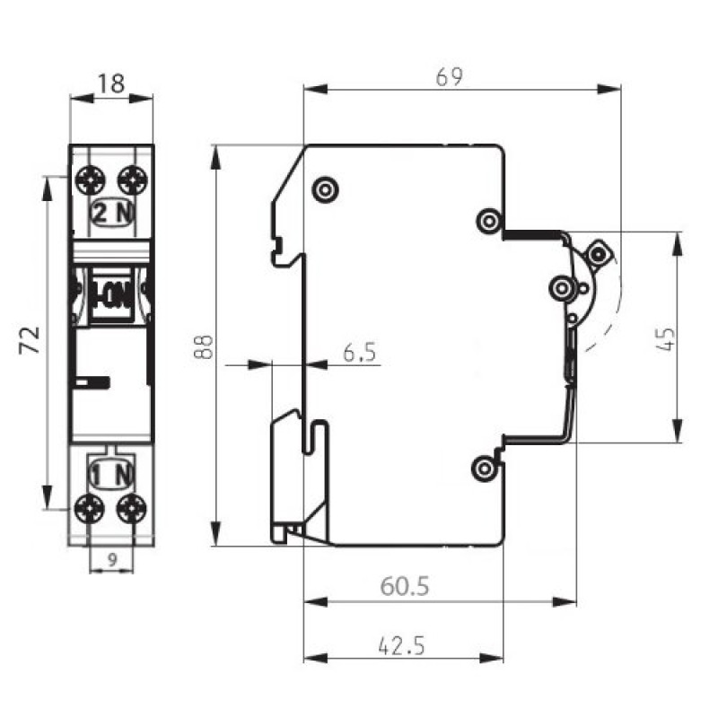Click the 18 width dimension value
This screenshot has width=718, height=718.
click(x=111, y=83)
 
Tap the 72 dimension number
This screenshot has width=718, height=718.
click(x=30, y=340)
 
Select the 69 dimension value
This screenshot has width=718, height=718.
click(x=450, y=77)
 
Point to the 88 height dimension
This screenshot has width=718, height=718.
click(x=204, y=346)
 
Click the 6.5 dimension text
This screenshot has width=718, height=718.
click(x=360, y=353)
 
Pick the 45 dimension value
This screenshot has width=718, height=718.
click(x=665, y=339)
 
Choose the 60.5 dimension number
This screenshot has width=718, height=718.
click(x=405, y=587)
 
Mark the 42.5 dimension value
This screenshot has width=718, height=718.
click(x=401, y=645)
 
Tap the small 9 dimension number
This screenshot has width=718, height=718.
click(x=112, y=559)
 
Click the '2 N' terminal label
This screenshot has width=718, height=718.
click(x=113, y=212)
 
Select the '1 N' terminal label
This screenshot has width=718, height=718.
click(x=110, y=475)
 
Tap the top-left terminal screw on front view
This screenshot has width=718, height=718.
click(x=91, y=180)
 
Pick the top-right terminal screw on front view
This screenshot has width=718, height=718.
click(x=132, y=180)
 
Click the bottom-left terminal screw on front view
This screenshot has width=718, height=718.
click(x=89, y=509)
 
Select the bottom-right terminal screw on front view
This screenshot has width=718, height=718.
click(x=131, y=509)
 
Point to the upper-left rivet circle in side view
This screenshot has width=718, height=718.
click(x=325, y=189)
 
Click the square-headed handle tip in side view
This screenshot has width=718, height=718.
click(x=599, y=253)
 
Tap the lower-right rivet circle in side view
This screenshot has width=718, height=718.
click(x=485, y=468)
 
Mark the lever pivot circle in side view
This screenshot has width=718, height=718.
click(x=562, y=289)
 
